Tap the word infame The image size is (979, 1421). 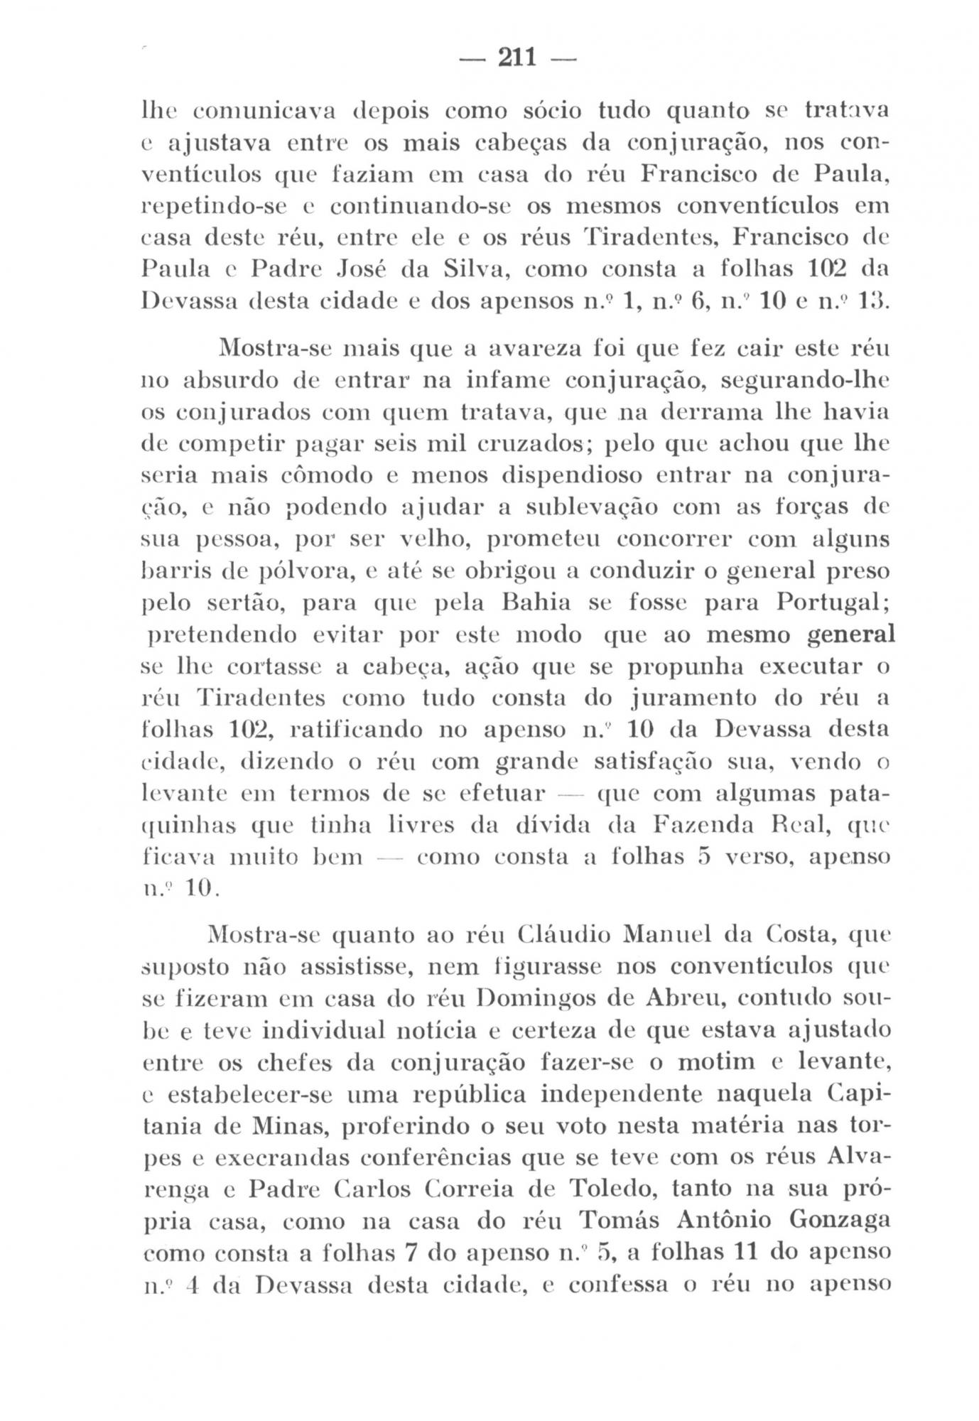point(506,381)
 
